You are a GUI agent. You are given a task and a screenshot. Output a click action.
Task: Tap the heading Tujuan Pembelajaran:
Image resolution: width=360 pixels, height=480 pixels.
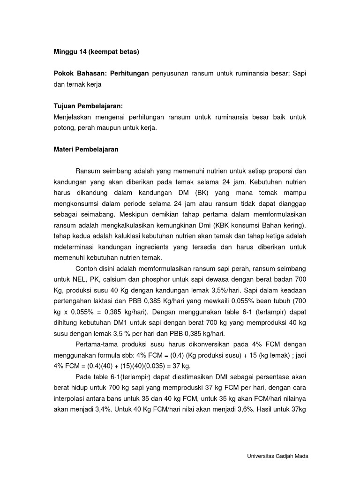[88, 106]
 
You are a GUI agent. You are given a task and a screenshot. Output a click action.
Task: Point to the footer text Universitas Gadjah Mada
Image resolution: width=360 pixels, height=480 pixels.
[277, 456]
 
